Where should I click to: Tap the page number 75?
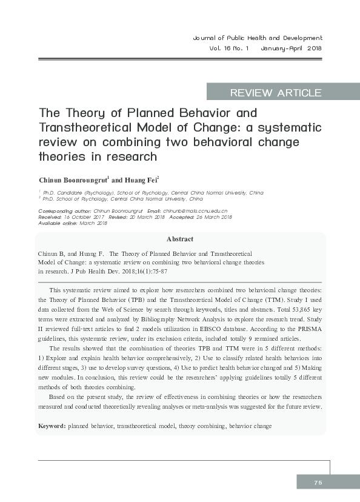[x=318, y=482]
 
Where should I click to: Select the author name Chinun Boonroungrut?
[x=73, y=180]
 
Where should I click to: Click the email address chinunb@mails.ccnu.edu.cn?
[x=195, y=210]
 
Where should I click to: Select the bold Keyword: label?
[x=52, y=426]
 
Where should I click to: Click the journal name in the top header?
[x=257, y=38]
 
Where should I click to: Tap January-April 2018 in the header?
[x=292, y=49]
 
